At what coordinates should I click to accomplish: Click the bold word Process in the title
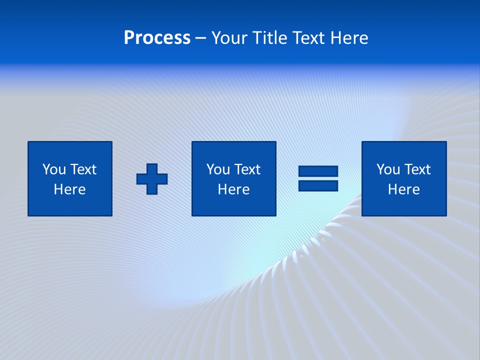coord(157,38)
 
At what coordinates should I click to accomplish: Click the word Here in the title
coord(350,38)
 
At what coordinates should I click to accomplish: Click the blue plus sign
coord(152,179)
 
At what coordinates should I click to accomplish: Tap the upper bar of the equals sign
coord(318,171)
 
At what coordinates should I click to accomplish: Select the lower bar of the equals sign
coord(318,186)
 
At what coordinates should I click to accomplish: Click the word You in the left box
coord(54,169)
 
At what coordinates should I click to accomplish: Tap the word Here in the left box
coord(69,189)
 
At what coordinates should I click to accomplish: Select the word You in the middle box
coord(218,169)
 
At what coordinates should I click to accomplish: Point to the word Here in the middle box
coord(233,189)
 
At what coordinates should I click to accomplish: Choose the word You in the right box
coord(388,169)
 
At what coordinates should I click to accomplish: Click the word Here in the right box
coord(403,189)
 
